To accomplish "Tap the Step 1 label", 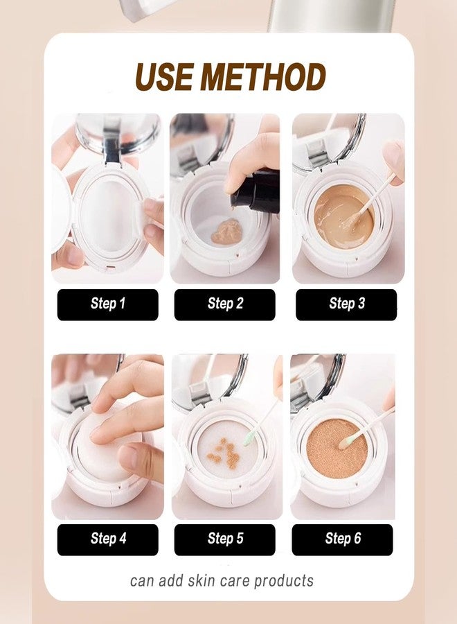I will [107, 304].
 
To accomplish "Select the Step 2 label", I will [224, 304].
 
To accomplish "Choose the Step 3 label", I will [346, 304].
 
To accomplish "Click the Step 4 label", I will [107, 539].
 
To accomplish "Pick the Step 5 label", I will [224, 539].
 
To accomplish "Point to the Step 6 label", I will [342, 539].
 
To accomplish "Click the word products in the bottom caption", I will [285, 580].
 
